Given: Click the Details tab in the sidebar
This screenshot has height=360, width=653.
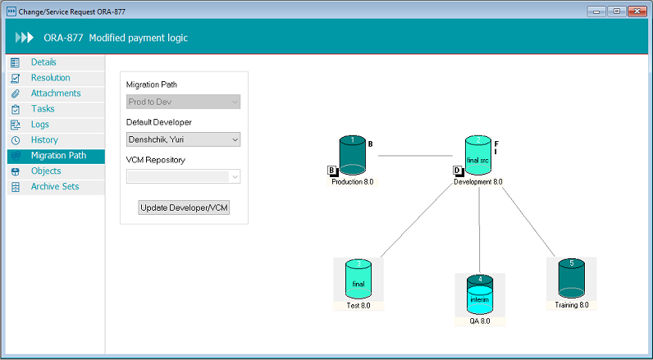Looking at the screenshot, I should coord(43,62).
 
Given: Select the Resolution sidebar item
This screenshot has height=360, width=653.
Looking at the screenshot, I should coord(50,78).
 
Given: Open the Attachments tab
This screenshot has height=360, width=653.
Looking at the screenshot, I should coord(55,93).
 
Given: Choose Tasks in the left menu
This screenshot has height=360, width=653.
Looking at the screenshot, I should coord(43,109).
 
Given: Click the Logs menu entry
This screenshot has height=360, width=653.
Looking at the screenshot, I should coord(40,125).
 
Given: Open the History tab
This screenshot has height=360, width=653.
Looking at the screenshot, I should coord(44,140).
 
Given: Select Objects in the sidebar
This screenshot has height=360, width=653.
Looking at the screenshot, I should coord(46,171).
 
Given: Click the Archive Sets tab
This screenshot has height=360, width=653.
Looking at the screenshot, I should coord(56,187).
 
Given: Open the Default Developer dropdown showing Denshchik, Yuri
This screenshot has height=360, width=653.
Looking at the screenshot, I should coord(184,139).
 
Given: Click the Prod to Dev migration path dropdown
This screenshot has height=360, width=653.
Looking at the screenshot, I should coord(184,102).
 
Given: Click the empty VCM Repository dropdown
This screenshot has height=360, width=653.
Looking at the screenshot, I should coord(184,176).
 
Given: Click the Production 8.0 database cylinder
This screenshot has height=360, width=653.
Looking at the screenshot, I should coord(352,156).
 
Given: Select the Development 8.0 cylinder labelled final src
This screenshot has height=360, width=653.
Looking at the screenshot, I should coord(478,156).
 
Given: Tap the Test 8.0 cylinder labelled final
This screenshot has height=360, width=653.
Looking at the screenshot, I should coord(358,280).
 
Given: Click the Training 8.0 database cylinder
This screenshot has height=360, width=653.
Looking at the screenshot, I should coord(571,279).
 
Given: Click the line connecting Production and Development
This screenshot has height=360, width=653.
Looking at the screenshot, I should coord(415,155).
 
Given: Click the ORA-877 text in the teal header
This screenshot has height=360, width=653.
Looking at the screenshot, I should coord(62,38).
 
